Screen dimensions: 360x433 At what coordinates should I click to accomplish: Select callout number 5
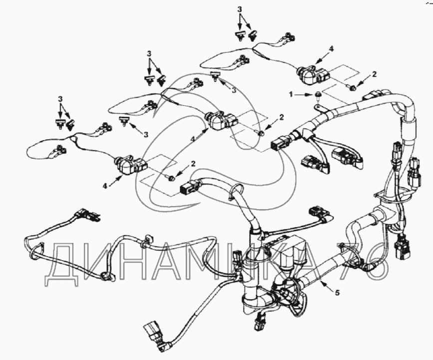337,293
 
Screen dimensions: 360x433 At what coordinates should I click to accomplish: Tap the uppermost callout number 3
240,9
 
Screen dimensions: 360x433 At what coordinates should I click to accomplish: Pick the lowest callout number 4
105,186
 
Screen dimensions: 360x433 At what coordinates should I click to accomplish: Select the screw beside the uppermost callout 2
352,88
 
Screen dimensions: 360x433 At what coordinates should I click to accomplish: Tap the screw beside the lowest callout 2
172,177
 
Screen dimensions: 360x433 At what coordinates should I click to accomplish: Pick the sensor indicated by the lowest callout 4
131,166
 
